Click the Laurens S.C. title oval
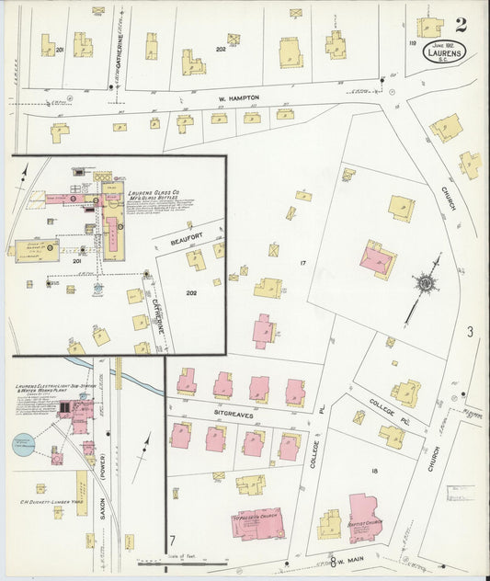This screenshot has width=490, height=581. pyautogui.click(x=444, y=52)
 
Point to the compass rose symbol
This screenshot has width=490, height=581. pyautogui.click(x=426, y=283)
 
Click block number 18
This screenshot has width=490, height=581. pyautogui.click(x=374, y=470)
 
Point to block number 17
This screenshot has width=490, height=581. pyautogui.click(x=302, y=263)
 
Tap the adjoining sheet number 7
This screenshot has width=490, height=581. pyautogui.click(x=172, y=541)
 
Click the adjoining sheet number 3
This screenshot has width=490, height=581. pyautogui.click(x=468, y=332)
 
